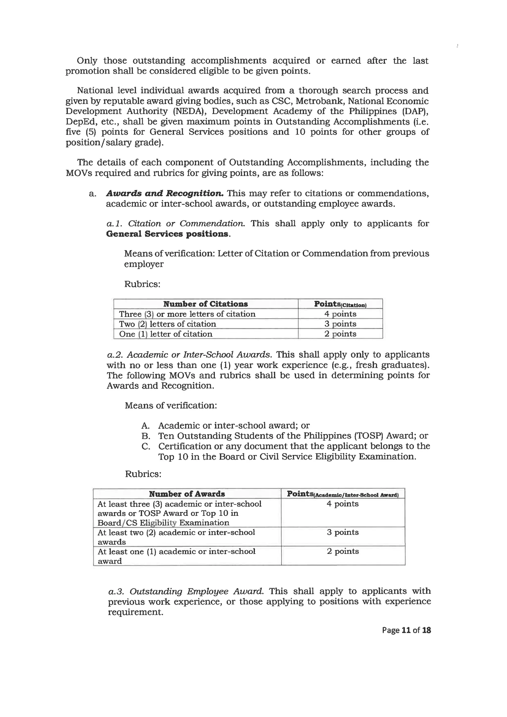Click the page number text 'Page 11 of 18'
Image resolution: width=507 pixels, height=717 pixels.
406,630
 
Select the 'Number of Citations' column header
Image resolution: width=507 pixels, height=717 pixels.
205,304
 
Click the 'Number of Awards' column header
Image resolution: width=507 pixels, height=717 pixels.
187,494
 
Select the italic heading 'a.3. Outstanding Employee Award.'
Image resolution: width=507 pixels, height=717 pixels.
186,591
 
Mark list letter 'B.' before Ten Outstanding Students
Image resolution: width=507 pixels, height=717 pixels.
146,436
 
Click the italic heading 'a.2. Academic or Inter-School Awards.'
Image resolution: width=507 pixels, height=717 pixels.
189,355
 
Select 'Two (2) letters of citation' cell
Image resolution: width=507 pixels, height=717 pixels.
167,324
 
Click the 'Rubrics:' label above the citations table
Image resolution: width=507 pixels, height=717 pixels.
142,284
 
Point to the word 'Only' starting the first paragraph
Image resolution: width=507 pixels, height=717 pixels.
87,61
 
